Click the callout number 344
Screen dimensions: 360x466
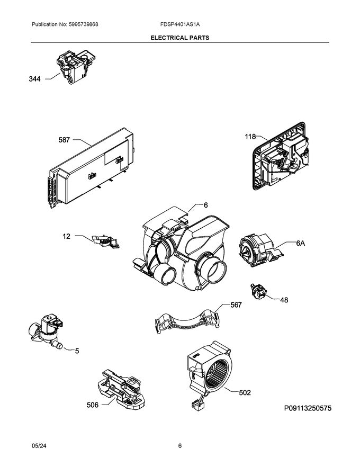tap(34, 79)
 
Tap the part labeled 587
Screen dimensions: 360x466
tap(91, 168)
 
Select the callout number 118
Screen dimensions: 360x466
tap(250, 137)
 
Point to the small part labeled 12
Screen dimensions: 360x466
tap(106, 241)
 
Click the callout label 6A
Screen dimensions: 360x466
tap(300, 244)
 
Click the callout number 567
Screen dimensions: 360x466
tap(236, 305)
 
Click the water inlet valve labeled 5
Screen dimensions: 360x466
tap(46, 331)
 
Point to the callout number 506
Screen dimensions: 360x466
tap(92, 405)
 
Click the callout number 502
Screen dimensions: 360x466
tap(245, 392)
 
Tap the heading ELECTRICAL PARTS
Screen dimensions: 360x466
tap(180, 38)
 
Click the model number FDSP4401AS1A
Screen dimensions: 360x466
tap(180, 24)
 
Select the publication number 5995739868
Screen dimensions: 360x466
tap(83, 24)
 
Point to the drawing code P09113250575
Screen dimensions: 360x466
tap(308, 408)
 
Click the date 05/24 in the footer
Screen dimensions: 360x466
tap(37, 446)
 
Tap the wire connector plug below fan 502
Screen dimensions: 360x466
tap(196, 406)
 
